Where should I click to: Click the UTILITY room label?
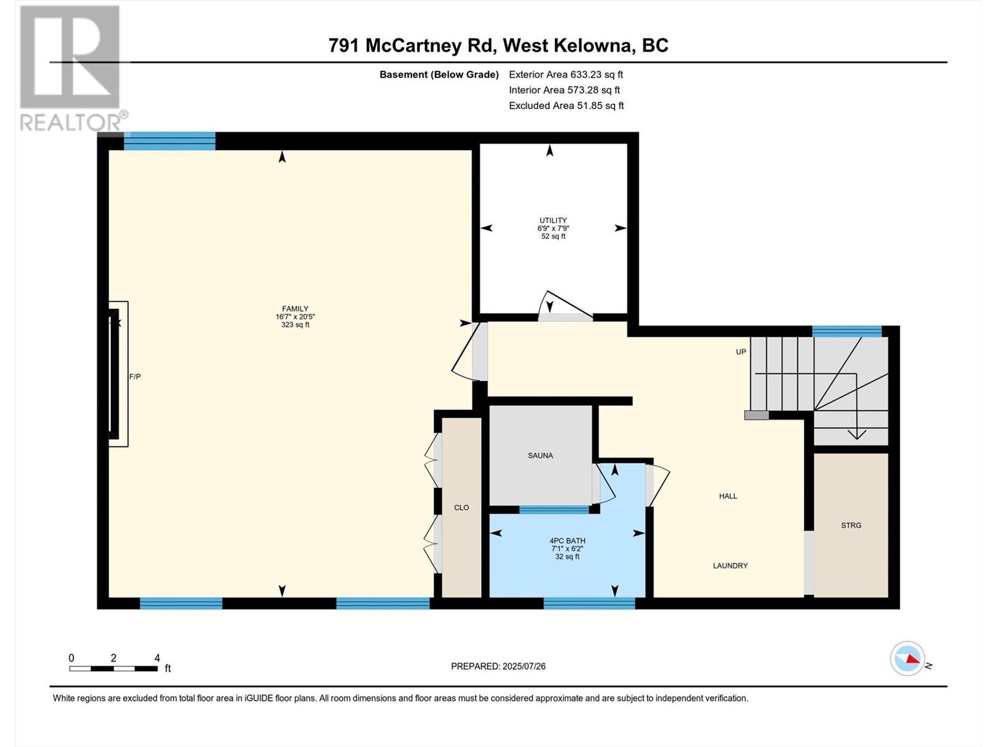553,220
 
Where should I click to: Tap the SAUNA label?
540,456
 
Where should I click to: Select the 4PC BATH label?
567,541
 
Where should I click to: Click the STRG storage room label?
851,525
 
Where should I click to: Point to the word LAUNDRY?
730,566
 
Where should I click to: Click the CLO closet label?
461,508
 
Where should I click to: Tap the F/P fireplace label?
135,377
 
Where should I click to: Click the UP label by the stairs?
741,352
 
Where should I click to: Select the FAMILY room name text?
295,309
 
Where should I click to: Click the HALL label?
728,496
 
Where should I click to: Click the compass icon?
907,658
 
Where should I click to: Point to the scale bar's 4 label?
157,658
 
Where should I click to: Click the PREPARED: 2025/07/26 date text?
498,666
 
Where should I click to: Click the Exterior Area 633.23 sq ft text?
566,75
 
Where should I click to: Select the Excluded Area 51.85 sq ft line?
566,106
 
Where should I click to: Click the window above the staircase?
846,331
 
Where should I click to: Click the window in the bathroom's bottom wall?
589,603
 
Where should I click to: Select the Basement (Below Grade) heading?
439,75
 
